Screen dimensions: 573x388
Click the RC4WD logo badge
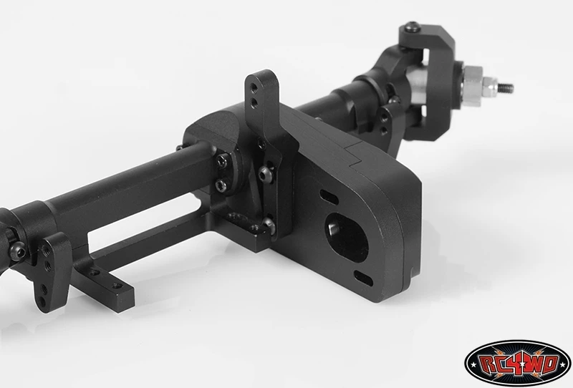(517, 363)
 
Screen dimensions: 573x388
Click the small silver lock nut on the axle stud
(489, 87)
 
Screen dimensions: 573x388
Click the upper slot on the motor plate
(329, 196)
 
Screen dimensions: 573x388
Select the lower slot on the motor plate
(363, 278)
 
